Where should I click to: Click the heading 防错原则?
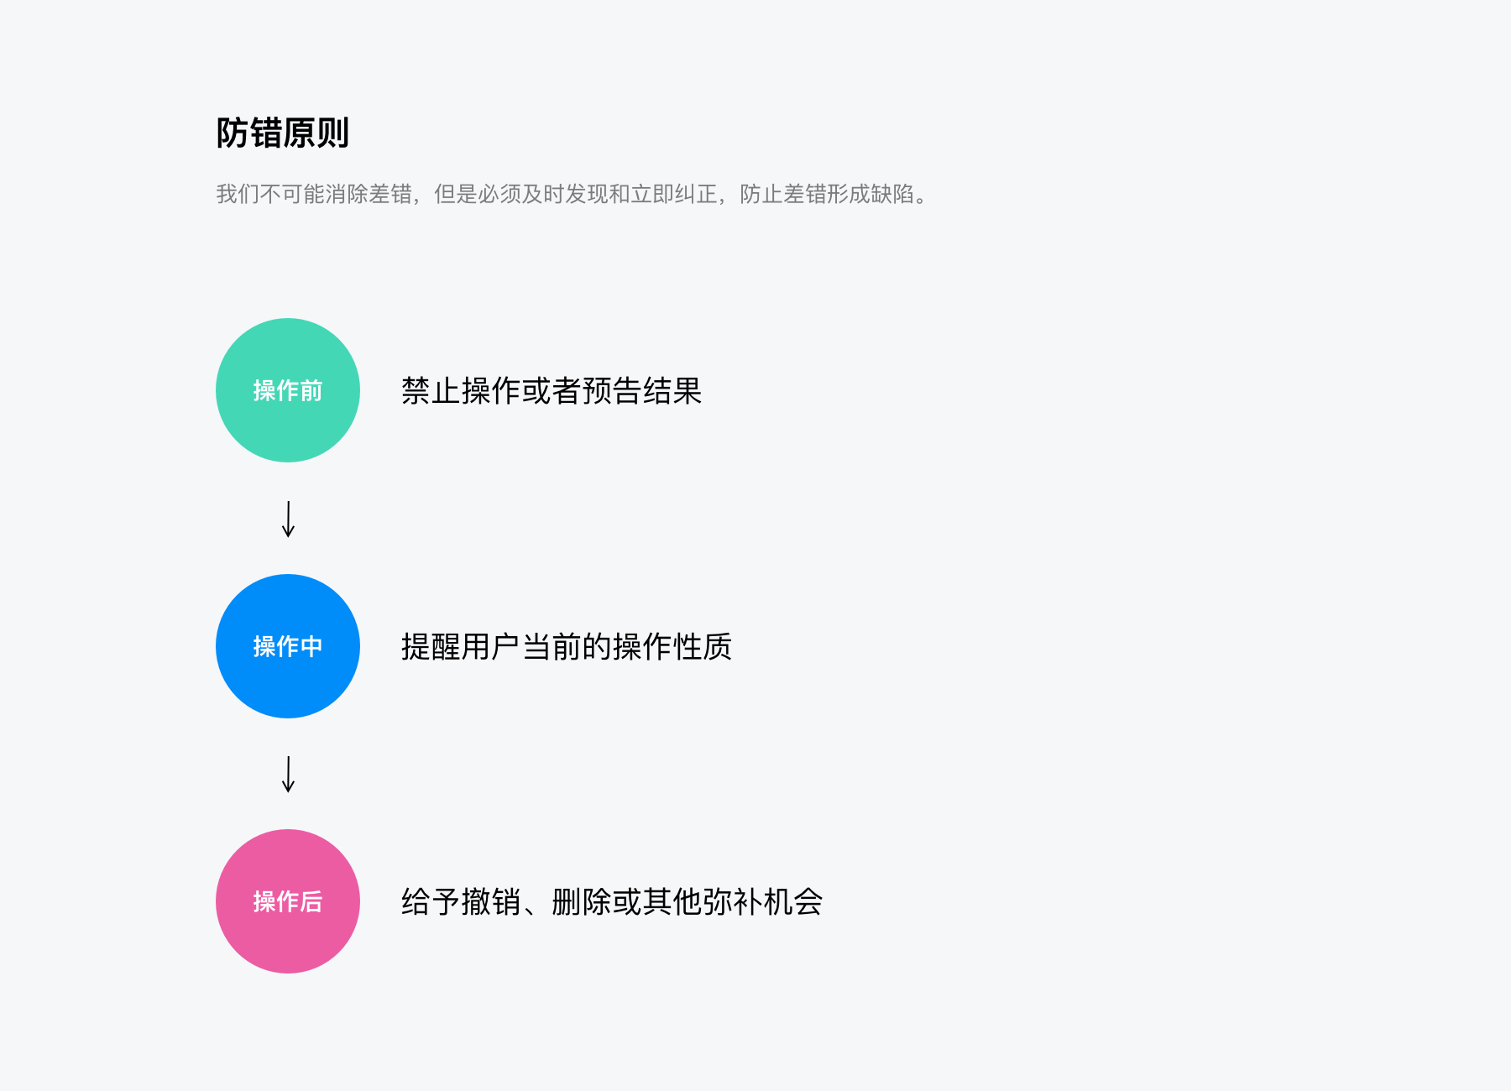[282, 133]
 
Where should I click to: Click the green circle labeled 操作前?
[288, 390]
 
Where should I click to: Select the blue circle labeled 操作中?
[288, 646]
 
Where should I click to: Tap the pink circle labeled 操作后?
[288, 901]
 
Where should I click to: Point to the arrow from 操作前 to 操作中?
[288, 519]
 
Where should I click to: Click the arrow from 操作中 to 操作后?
[288, 774]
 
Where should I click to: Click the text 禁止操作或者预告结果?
[551, 391]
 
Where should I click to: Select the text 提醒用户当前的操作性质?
[566, 647]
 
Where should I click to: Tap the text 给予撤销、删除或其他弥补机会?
[611, 902]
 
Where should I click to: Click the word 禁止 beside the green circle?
[431, 391]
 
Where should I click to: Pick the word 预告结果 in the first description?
[641, 391]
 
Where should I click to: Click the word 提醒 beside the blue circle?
[431, 647]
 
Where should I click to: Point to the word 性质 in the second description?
[703, 647]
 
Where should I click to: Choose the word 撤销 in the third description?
[491, 902]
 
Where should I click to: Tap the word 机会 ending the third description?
[792, 902]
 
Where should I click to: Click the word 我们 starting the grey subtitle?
[238, 194]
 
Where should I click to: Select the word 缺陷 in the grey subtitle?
[892, 194]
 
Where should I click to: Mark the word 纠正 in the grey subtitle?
[696, 194]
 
